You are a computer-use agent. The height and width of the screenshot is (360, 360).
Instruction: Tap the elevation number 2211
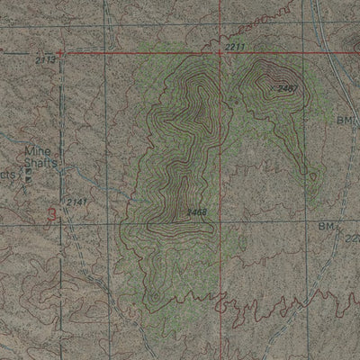coord(235,45)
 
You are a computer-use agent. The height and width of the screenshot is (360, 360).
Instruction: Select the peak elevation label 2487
coord(287,87)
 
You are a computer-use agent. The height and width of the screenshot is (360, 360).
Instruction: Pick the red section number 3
coord(52,213)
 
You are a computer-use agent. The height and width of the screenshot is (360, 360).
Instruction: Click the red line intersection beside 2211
coord(220,52)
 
